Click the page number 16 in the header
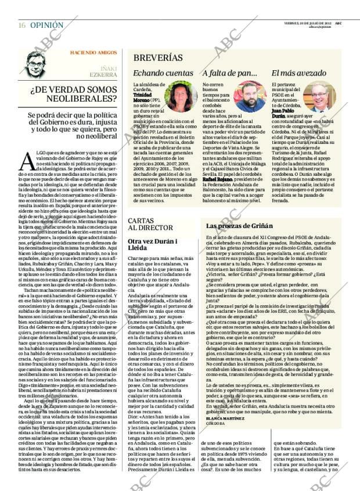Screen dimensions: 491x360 click(x=21, y=26)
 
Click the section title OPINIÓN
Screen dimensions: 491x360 click(x=46, y=26)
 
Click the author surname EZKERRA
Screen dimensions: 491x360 click(x=103, y=74)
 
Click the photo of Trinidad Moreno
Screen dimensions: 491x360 click(x=180, y=96)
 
